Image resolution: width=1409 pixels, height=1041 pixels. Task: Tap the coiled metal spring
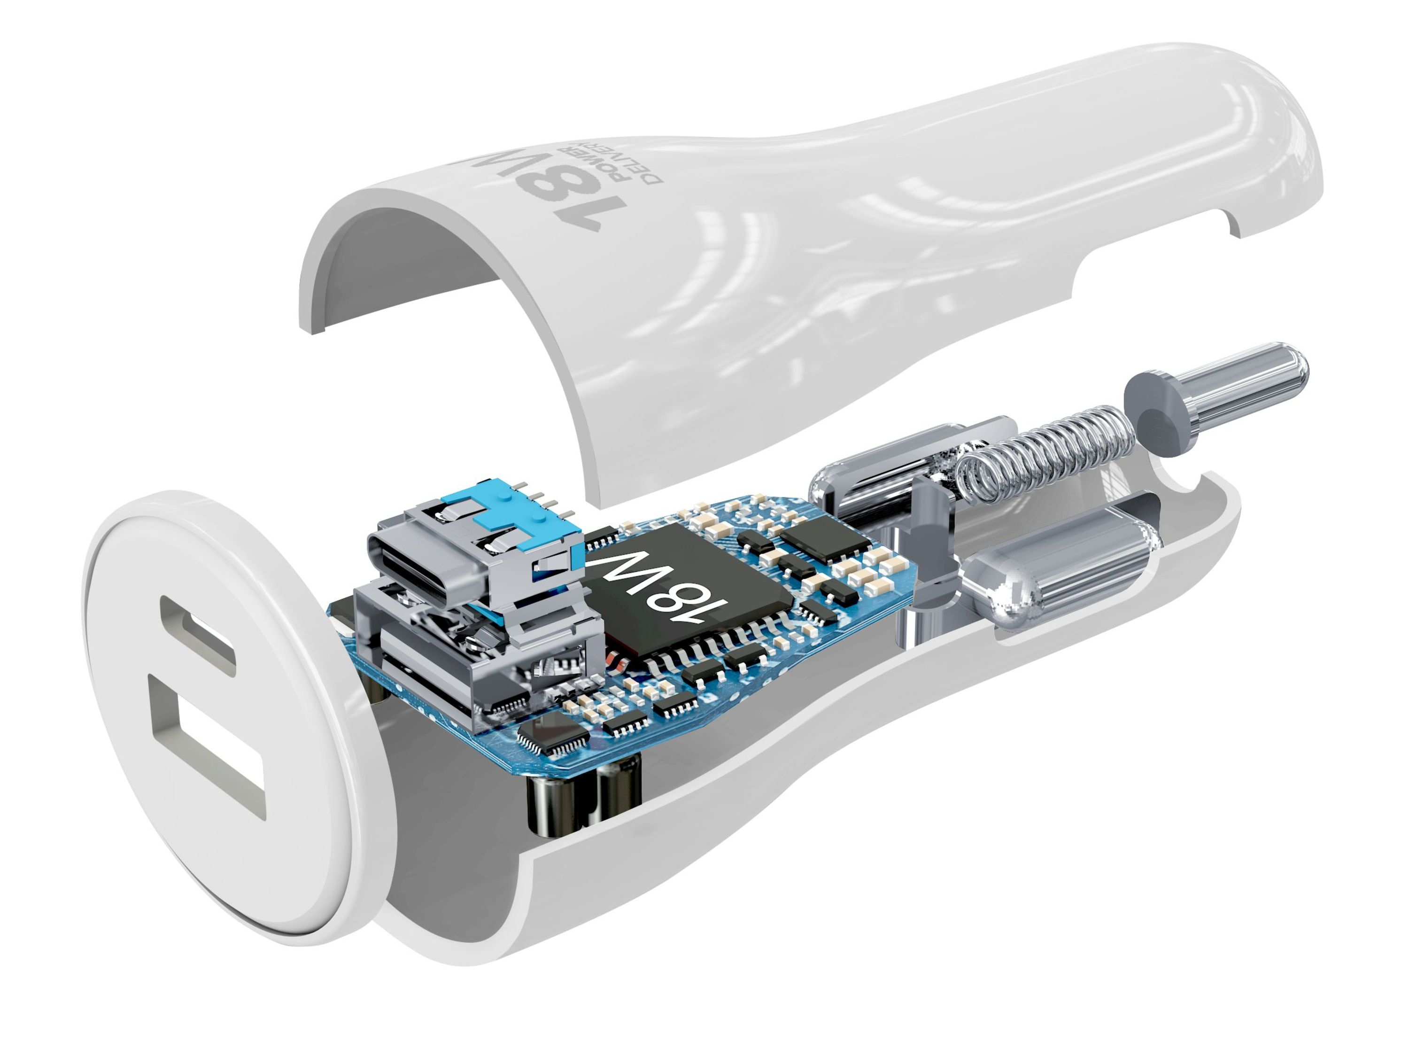[x=1049, y=448]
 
